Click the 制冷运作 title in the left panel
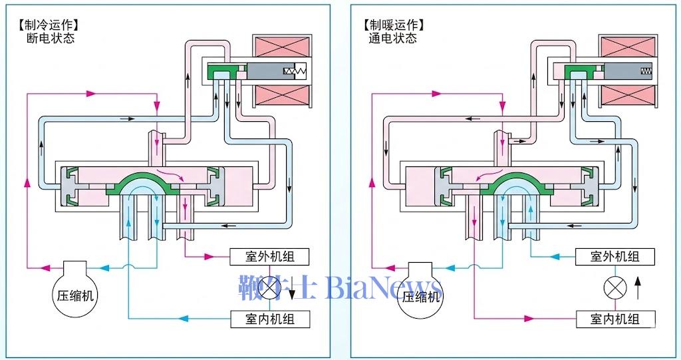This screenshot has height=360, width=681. click(x=49, y=25)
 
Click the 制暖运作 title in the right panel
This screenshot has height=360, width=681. click(x=394, y=25)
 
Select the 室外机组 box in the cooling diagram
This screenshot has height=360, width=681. click(x=271, y=256)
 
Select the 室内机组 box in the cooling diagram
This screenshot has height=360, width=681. click(x=271, y=319)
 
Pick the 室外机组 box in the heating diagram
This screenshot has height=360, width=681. click(x=615, y=256)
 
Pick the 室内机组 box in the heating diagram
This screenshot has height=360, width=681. click(x=615, y=319)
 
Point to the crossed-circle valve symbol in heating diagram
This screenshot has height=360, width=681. click(x=615, y=288)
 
